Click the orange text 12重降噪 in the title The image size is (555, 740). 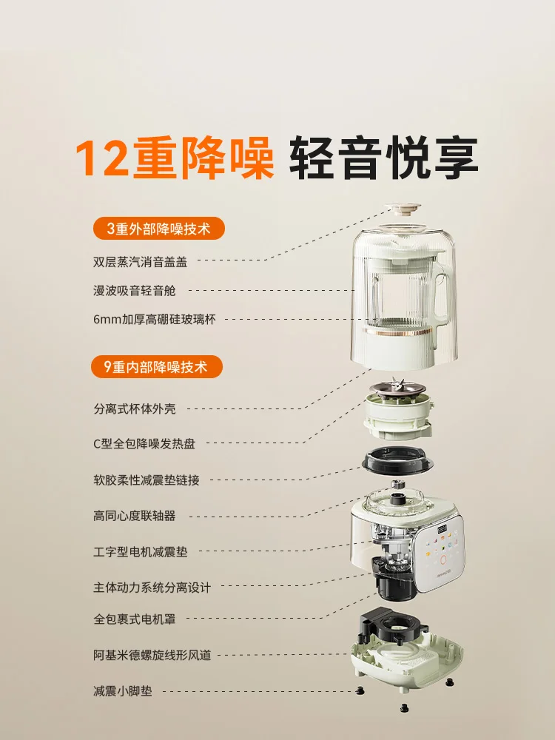click(175, 157)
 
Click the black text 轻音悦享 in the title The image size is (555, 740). click(383, 157)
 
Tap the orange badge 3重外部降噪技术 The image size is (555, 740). click(158, 229)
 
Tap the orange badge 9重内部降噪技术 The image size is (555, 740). click(158, 366)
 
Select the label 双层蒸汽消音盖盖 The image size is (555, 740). click(141, 261)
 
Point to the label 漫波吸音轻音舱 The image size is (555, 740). click(135, 291)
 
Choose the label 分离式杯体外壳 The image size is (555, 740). click(135, 408)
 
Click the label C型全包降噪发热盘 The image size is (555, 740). click(144, 444)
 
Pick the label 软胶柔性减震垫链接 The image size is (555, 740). click(147, 480)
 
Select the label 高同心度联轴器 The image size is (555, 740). click(135, 516)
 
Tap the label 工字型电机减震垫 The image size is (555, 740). click(141, 551)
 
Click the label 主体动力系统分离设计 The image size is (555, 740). click(152, 588)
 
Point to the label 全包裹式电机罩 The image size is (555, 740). click(135, 619)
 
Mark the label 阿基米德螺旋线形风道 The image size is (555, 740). click(152, 655)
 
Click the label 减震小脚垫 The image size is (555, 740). click(124, 691)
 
